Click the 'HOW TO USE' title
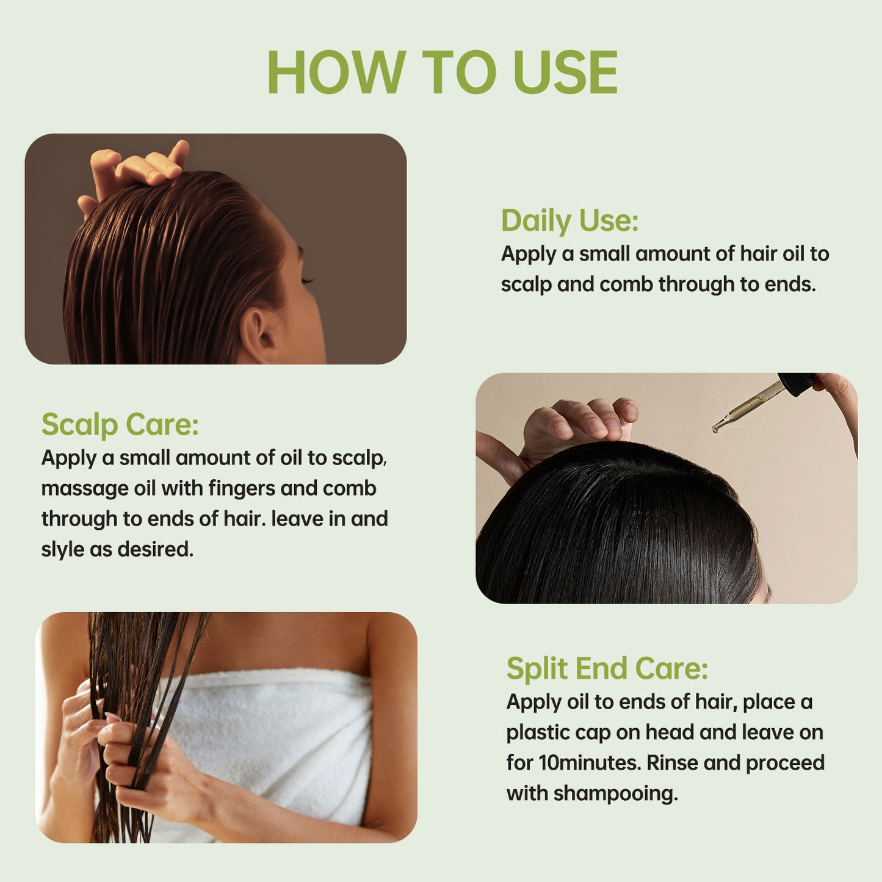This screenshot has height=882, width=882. pyautogui.click(x=442, y=72)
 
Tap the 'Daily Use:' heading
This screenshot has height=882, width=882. pyautogui.click(x=569, y=220)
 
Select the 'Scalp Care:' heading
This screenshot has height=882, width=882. pyautogui.click(x=120, y=424)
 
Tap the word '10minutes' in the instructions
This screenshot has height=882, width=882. pyautogui.click(x=590, y=763)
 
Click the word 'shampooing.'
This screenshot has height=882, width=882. pyautogui.click(x=615, y=793)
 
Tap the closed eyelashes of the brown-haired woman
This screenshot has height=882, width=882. pyautogui.click(x=307, y=280)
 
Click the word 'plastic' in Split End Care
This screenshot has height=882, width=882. pyautogui.click(x=537, y=732)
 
